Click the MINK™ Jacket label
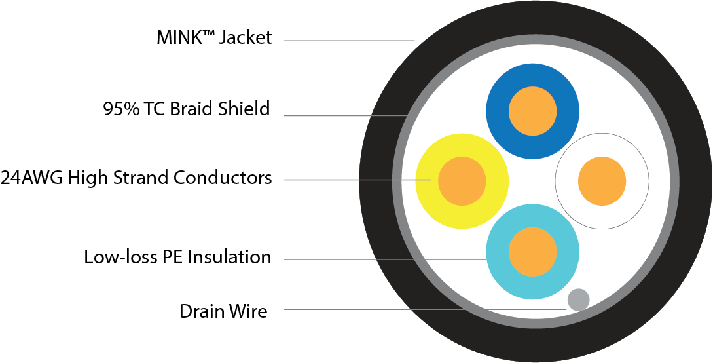[214, 38]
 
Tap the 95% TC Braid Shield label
[187, 109]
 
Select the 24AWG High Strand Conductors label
[136, 178]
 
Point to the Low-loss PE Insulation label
[177, 257]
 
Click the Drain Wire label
[223, 311]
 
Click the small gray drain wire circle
[578, 299]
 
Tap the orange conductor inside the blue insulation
[532, 110]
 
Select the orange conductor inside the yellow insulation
[462, 180]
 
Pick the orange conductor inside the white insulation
[602, 180]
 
